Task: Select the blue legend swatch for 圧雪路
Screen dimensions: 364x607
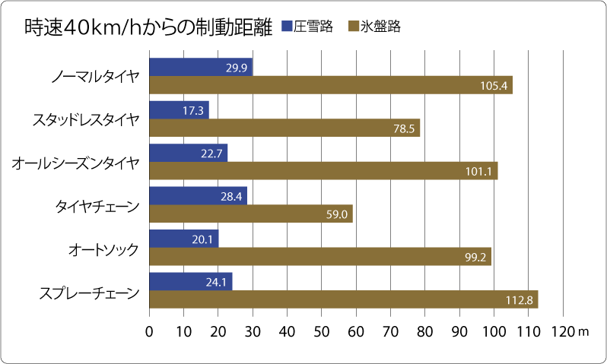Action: coord(288,27)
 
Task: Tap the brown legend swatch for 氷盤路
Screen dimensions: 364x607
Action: coord(353,27)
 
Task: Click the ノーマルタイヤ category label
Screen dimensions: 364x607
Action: coord(95,77)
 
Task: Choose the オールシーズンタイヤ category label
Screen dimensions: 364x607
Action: coord(76,162)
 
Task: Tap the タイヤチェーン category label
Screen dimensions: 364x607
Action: coord(97,205)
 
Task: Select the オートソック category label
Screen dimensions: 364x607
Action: coord(103,248)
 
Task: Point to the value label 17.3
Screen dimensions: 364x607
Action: coord(193,110)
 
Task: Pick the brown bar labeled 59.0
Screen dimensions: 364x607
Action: coord(251,214)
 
